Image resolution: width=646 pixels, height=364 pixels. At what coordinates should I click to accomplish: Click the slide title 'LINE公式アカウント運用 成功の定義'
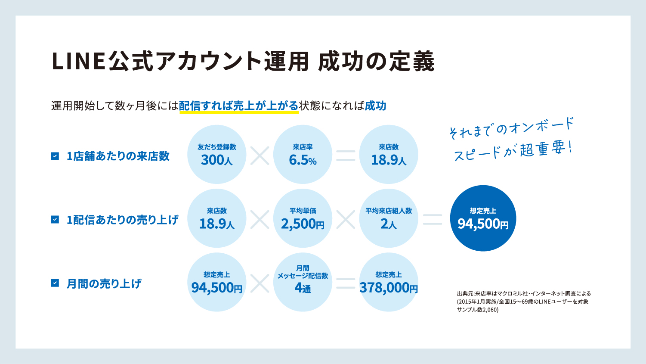click(242, 61)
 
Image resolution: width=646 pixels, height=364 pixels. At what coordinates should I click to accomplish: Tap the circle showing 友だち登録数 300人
click(216, 154)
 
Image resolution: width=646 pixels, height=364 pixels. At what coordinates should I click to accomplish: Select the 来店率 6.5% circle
click(303, 154)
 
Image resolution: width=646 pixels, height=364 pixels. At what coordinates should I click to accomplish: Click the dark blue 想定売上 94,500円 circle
click(483, 218)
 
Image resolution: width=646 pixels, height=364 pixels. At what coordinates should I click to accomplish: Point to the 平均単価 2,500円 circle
click(303, 218)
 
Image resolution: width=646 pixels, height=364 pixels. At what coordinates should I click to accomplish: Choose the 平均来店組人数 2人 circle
click(389, 218)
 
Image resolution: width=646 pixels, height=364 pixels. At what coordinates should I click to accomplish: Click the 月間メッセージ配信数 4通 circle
click(303, 282)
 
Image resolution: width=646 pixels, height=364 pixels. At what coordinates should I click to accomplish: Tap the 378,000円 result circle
click(389, 282)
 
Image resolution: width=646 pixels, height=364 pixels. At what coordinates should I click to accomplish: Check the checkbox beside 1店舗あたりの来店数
click(55, 156)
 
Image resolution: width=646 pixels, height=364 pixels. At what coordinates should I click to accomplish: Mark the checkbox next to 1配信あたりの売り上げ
click(55, 220)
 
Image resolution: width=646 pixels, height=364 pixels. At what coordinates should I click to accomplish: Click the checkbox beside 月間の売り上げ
click(55, 283)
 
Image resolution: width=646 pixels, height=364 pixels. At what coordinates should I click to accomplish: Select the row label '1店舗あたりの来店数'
click(118, 156)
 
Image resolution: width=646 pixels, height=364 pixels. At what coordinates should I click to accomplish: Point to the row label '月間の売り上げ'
click(104, 283)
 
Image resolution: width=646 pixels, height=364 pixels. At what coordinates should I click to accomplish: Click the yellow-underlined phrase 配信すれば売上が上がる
click(238, 106)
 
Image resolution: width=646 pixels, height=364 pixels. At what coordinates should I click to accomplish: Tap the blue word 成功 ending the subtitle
click(375, 106)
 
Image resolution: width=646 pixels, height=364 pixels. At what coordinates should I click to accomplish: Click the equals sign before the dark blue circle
click(433, 219)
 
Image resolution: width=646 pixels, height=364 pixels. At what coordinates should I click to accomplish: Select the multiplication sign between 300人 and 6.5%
click(260, 156)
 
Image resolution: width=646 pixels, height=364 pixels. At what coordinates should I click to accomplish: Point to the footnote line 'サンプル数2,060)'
click(478, 310)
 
